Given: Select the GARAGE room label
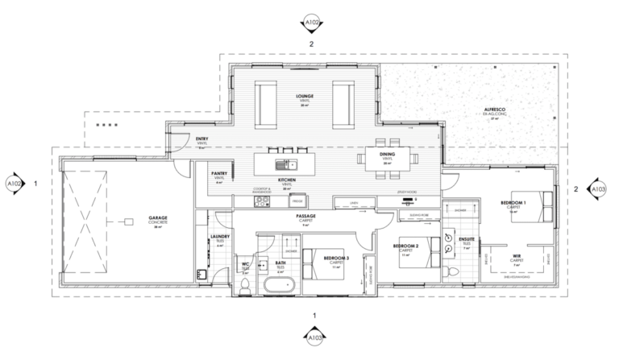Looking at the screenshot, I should pos(157,217).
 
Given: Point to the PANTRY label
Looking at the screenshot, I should pos(218,173).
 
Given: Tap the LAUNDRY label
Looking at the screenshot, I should pos(220,237).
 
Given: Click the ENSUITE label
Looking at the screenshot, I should pos(467,240).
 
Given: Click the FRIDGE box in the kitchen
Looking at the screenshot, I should pos(297,201).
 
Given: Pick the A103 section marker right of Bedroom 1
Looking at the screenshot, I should pos(599,189).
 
